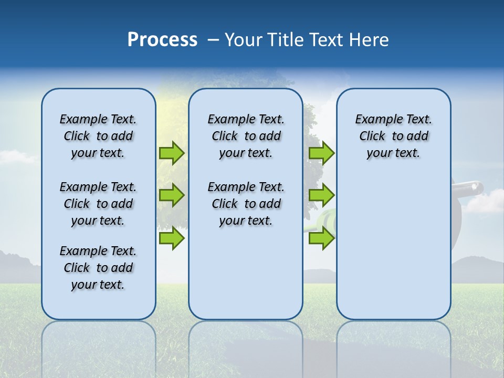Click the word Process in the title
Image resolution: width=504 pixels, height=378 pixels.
[162, 40]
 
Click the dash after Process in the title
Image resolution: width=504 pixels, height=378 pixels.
[213, 40]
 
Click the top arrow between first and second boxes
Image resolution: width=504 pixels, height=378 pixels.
[172, 153]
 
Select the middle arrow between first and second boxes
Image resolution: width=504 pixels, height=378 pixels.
[172, 195]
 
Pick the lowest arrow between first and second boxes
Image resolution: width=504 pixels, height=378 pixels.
[172, 238]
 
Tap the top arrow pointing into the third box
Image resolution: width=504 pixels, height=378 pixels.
[321, 153]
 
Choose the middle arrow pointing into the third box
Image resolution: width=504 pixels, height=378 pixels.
[321, 195]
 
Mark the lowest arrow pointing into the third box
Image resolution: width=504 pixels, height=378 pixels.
[321, 238]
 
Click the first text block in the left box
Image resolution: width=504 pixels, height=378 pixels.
[98, 136]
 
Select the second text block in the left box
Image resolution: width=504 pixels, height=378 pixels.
[98, 204]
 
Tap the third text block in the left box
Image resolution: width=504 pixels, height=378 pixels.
[98, 268]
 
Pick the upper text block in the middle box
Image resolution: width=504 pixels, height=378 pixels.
[246, 136]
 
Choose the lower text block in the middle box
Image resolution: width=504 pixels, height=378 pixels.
[246, 204]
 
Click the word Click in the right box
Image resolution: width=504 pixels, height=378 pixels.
[372, 136]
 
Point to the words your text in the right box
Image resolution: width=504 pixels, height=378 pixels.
[393, 153]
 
